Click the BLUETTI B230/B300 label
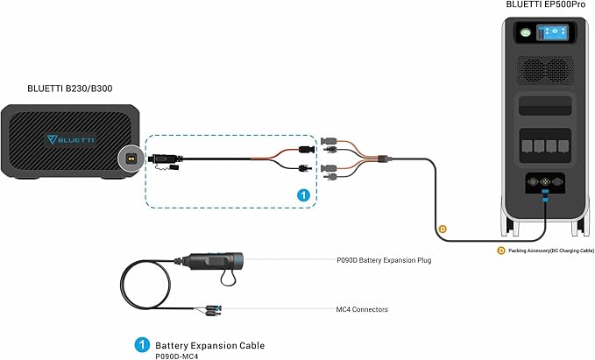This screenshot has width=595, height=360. click(x=70, y=88)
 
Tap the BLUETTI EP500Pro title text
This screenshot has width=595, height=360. click(x=546, y=4)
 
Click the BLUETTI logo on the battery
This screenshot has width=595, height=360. click(x=70, y=139)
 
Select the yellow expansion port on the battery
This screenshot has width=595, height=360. click(x=131, y=159)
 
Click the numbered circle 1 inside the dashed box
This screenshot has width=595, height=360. click(x=303, y=195)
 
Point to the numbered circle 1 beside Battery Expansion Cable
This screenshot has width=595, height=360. click(x=142, y=345)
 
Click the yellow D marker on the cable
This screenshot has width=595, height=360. click(x=442, y=229)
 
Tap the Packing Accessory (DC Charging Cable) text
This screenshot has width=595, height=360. click(x=551, y=251)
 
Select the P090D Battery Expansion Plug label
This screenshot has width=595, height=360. click(x=384, y=260)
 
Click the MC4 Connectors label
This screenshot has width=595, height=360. click(x=362, y=309)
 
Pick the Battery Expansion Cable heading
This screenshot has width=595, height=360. click(x=209, y=346)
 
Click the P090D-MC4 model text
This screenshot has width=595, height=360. click(x=176, y=356)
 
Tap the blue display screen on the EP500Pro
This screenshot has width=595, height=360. click(x=552, y=32)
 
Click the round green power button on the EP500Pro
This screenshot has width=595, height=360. click(x=526, y=32)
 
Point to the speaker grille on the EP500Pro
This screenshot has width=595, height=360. click(x=546, y=70)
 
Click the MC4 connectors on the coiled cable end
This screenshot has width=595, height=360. click(x=210, y=309)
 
